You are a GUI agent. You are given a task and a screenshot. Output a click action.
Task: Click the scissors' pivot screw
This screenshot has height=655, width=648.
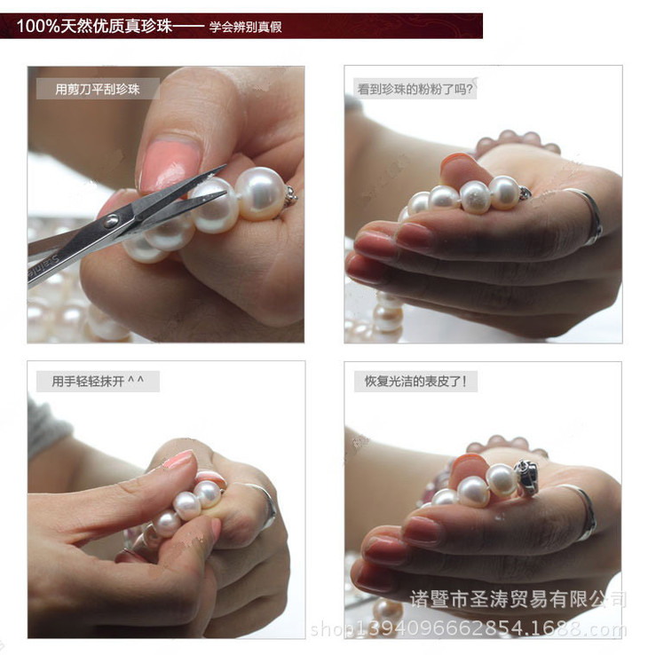coord(112,221)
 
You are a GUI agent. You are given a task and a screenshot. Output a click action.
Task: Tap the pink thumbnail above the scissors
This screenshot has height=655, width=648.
coord(170,164)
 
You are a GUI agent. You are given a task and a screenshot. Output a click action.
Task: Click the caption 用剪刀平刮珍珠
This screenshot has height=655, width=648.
coord(98,89)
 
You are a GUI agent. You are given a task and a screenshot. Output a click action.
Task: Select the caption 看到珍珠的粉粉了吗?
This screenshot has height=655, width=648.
coord(415,89)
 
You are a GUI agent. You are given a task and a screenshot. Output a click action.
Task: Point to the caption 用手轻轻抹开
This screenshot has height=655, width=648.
coord(88,381)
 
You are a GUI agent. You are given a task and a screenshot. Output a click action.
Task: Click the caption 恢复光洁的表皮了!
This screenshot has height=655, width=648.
coord(415,381)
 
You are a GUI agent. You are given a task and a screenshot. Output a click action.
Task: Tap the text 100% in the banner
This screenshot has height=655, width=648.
coord(38,26)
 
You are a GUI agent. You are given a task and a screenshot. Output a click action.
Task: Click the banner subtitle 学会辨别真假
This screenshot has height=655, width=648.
coord(246,28)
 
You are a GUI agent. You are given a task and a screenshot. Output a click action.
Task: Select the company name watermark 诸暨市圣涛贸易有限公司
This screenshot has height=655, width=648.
coord(518,599)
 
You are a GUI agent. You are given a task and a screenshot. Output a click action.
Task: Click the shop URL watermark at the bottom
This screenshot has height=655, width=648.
coord(469,628)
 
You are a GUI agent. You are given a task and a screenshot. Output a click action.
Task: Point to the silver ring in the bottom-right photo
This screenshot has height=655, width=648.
coord(583,512)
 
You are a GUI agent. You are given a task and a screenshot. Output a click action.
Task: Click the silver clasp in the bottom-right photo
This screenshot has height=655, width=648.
coord(526,477)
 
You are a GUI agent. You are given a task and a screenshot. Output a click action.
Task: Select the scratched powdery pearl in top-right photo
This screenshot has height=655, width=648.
coord(476,197)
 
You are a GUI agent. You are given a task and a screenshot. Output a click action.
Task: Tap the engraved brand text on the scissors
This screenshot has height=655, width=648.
coord(43,266)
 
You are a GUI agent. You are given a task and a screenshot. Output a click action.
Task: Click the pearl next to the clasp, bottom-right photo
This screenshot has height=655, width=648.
coord(502,480)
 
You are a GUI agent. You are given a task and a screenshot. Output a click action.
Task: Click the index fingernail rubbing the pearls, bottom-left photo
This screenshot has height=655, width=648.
coord(180,460)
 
